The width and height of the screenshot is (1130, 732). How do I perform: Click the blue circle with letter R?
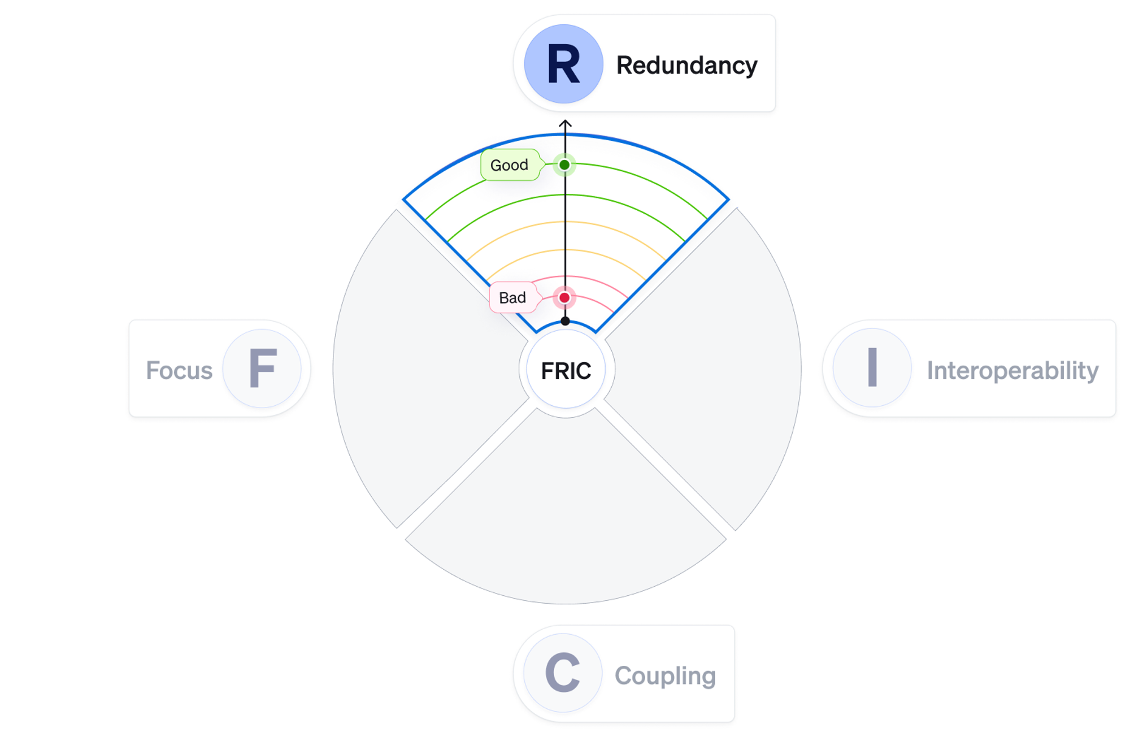tap(563, 64)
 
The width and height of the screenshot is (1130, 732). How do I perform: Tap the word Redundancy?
tap(686, 66)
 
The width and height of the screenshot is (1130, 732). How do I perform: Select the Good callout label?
tap(509, 165)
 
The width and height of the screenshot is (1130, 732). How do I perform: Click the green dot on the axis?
tap(564, 165)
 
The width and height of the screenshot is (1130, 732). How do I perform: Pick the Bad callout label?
tap(512, 297)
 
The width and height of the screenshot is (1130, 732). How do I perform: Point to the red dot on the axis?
tap(564, 297)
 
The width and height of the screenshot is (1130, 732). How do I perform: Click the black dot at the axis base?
tap(565, 321)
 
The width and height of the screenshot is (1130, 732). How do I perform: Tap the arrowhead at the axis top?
tap(565, 123)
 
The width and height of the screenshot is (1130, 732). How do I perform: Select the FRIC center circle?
tap(566, 370)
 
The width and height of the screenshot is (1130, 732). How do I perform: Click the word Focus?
tap(179, 370)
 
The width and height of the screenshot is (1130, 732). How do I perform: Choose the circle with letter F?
tap(262, 369)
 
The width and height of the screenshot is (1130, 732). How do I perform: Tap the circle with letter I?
tap(872, 367)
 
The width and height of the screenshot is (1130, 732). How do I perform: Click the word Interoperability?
tap(1012, 370)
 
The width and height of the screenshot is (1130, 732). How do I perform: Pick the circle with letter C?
tap(563, 673)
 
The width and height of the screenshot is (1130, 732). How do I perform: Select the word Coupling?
tap(665, 675)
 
